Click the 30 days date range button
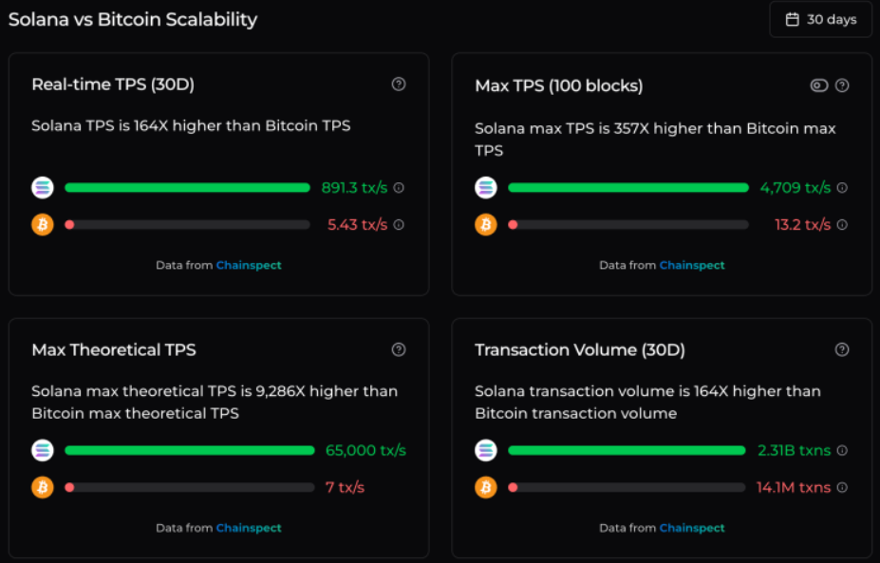point(820,19)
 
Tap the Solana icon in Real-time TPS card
point(43,188)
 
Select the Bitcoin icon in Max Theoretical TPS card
point(43,487)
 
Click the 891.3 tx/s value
point(354,188)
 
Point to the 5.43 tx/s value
point(357,225)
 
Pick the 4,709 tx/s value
point(795,188)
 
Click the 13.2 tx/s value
point(802,225)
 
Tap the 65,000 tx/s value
point(365,450)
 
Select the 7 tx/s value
point(345,487)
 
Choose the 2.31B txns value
point(794,450)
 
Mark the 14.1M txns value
point(794,487)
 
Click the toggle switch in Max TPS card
point(819,85)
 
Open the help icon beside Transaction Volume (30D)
point(842,349)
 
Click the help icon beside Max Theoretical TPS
point(399,349)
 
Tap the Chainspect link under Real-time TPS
point(249,266)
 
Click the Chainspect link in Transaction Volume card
point(692,528)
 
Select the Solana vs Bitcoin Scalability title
point(133,19)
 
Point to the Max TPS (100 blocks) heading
point(558,85)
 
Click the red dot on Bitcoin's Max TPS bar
point(513,225)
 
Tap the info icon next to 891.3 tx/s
point(399,188)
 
